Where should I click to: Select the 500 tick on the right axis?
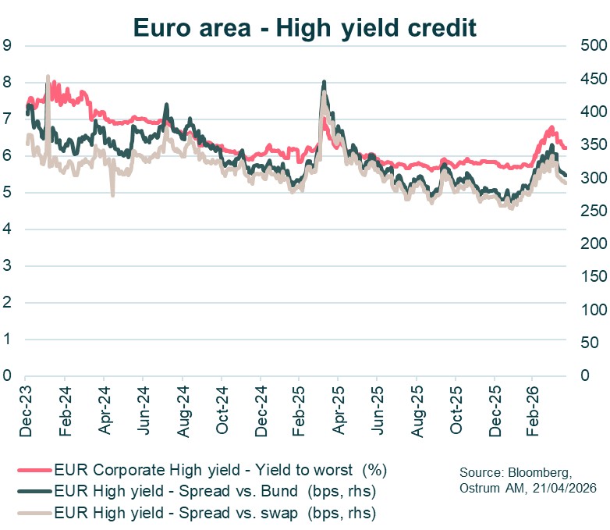590,45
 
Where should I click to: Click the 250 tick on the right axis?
590,211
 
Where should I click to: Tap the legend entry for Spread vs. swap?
215,513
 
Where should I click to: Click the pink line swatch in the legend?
34,470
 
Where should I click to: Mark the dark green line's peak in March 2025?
324,82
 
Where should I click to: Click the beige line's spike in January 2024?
48,76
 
